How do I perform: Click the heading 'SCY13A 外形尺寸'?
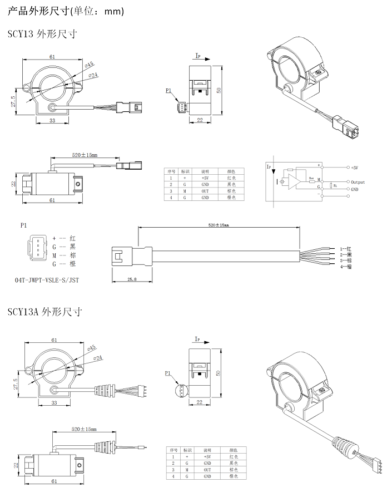(x=44, y=312)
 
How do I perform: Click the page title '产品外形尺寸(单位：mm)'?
(x=66, y=11)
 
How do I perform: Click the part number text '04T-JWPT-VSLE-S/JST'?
(x=47, y=281)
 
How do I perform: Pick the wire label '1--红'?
(x=345, y=248)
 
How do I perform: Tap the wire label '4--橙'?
(x=345, y=268)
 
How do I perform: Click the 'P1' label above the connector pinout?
(x=23, y=226)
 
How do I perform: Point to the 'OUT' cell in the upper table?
(x=205, y=191)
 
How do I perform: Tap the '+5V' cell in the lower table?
(x=207, y=456)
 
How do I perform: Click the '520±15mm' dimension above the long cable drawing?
(x=218, y=225)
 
